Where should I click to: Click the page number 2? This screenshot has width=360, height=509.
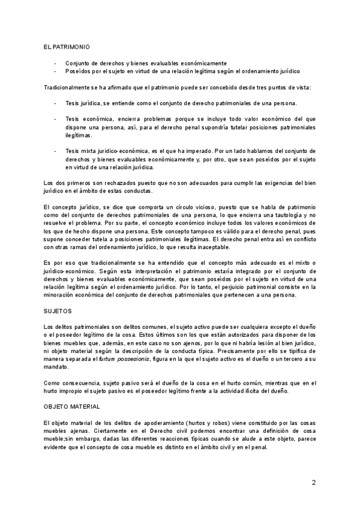(x=314, y=482)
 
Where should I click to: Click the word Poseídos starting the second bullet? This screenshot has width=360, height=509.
(x=77, y=70)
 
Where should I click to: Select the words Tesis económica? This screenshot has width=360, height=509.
(x=86, y=119)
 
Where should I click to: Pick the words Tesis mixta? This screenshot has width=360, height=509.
(x=81, y=151)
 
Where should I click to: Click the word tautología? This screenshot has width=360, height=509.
(x=273, y=215)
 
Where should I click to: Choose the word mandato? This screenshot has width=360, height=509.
(x=58, y=367)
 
